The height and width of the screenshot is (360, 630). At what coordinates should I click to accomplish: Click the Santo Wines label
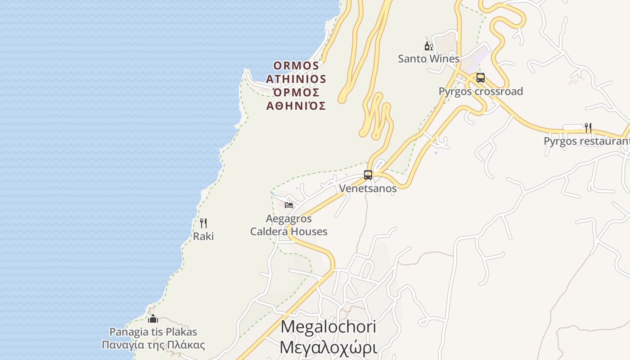(x=428, y=59)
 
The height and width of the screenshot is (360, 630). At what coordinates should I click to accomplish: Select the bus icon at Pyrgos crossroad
(x=481, y=78)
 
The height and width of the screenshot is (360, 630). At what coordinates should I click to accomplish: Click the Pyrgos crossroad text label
(x=481, y=91)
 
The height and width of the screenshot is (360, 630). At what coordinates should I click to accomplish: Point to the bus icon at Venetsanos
(x=368, y=175)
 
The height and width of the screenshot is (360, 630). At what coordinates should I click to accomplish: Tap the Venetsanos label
(x=368, y=189)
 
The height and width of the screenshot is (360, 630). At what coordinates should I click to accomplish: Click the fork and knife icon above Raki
(x=203, y=223)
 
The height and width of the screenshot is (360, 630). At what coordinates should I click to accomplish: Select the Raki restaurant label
(x=203, y=236)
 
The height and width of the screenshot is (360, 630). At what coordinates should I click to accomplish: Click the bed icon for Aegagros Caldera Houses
(x=289, y=205)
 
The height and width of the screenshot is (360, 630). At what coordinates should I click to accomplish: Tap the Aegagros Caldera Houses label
(x=289, y=225)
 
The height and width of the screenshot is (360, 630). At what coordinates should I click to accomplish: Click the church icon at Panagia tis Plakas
(x=153, y=319)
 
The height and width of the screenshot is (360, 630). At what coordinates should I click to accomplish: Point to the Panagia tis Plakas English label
(x=153, y=332)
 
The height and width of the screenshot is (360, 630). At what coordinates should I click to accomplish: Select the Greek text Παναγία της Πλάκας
(x=153, y=346)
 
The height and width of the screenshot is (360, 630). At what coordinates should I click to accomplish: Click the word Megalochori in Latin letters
(x=328, y=327)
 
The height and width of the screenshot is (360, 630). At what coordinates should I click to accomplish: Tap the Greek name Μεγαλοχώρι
(x=328, y=347)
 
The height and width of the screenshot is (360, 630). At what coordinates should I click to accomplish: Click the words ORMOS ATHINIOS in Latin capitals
(x=296, y=72)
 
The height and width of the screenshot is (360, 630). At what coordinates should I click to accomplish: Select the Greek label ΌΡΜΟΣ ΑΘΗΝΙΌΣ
(x=296, y=99)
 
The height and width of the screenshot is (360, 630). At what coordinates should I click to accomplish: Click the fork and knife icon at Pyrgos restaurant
(x=588, y=128)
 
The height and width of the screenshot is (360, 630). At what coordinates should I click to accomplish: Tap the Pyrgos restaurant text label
(x=586, y=141)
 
